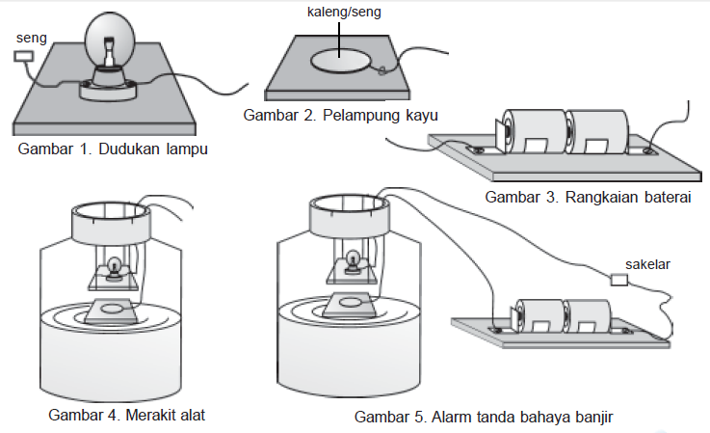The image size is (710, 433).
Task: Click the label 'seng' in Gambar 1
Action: (x=32, y=36)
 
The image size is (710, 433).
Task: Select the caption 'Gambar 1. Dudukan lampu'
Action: (x=113, y=150)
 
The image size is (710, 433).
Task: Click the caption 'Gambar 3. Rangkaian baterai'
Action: (x=590, y=198)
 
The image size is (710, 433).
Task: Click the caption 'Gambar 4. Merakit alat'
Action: (x=125, y=415)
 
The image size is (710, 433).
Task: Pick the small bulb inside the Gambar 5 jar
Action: (x=353, y=258)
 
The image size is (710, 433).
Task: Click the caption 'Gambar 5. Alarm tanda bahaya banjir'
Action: (x=484, y=417)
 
